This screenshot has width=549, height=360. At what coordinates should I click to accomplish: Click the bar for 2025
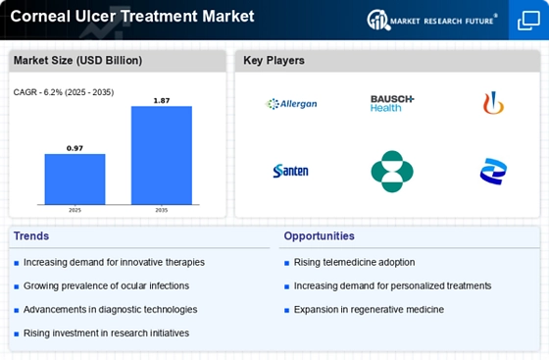coord(75,179)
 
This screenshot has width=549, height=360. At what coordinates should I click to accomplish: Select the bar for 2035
coord(162,155)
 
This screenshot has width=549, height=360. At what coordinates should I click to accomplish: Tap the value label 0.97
coord(75,148)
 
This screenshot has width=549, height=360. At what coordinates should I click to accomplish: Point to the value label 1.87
coord(162,101)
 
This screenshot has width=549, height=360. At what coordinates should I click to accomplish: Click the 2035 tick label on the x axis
coord(162,210)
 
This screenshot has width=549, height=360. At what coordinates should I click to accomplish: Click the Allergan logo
coord(291,104)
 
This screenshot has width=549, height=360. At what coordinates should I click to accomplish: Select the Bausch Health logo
coord(392,103)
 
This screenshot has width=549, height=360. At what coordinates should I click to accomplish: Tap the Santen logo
coord(290,171)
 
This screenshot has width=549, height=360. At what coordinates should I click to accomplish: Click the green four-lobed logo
coord(392,172)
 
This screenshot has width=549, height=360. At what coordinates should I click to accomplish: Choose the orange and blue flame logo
coord(493,103)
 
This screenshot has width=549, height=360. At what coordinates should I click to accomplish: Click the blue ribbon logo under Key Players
coord(493,172)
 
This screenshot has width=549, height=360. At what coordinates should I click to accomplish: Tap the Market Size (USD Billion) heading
coord(77,60)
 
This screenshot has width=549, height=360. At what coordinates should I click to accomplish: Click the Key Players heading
coord(274,60)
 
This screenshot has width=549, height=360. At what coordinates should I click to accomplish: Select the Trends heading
coord(31,236)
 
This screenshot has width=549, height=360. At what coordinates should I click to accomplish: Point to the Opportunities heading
coord(319,236)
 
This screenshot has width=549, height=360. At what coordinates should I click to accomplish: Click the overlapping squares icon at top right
coord(528,21)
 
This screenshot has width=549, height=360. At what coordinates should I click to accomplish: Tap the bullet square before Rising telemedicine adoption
coord(286,263)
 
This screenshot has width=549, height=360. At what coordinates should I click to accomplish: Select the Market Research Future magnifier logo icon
coord(378,20)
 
